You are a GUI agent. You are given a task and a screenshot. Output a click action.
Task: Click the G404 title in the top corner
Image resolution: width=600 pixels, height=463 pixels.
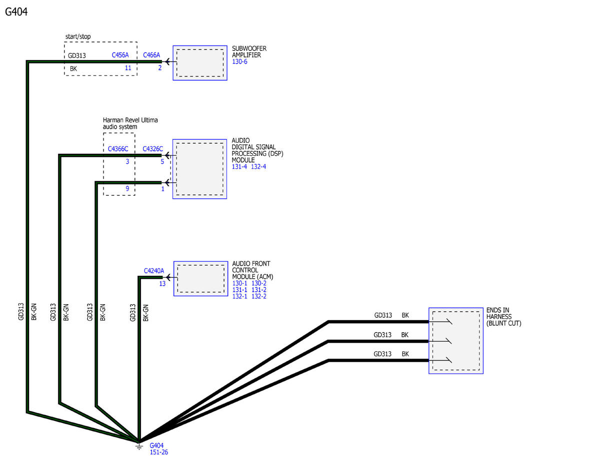tap(16, 12)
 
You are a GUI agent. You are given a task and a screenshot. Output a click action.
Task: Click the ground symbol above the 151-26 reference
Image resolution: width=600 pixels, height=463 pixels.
tap(139, 446)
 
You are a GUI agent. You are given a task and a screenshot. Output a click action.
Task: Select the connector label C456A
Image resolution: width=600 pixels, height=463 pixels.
tap(120, 55)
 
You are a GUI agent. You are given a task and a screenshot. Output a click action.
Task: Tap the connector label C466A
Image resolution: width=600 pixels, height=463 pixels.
tap(151, 55)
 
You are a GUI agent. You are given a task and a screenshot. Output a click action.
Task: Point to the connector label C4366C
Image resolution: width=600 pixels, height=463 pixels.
tap(118, 149)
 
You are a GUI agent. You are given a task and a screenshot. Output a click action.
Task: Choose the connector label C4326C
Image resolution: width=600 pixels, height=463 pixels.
tap(152, 149)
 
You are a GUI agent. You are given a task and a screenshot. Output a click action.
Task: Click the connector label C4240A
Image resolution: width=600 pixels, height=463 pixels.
tap(154, 271)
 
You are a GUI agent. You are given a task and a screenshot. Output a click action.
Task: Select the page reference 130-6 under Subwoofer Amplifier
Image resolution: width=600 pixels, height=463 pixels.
tap(239, 62)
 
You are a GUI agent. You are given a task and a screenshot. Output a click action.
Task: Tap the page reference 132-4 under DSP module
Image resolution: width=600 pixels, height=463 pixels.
tap(258, 166)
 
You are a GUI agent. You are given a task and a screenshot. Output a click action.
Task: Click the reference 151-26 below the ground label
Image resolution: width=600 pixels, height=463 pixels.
tap(159, 452)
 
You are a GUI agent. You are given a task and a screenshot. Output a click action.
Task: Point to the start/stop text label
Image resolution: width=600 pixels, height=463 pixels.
tap(78, 36)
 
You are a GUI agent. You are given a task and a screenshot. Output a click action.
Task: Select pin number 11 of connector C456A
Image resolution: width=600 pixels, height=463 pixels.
tap(128, 68)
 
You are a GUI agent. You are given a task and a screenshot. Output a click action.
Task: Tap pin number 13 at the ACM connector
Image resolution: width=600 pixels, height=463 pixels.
tap(162, 284)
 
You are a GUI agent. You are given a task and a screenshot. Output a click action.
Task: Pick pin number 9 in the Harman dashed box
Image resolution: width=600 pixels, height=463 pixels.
tap(127, 189)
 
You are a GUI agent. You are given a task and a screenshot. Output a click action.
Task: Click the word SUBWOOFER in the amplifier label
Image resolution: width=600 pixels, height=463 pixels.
tap(249, 48)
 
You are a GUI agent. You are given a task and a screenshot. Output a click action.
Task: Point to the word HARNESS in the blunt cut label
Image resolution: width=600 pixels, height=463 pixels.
tap(499, 317)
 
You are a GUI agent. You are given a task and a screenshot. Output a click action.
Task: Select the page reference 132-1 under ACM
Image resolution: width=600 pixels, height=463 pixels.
tap(239, 297)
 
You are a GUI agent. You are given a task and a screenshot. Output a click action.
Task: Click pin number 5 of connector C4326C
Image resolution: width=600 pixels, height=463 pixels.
tap(162, 162)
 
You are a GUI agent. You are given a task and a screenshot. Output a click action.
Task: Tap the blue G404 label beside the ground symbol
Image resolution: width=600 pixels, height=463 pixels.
tap(156, 446)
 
